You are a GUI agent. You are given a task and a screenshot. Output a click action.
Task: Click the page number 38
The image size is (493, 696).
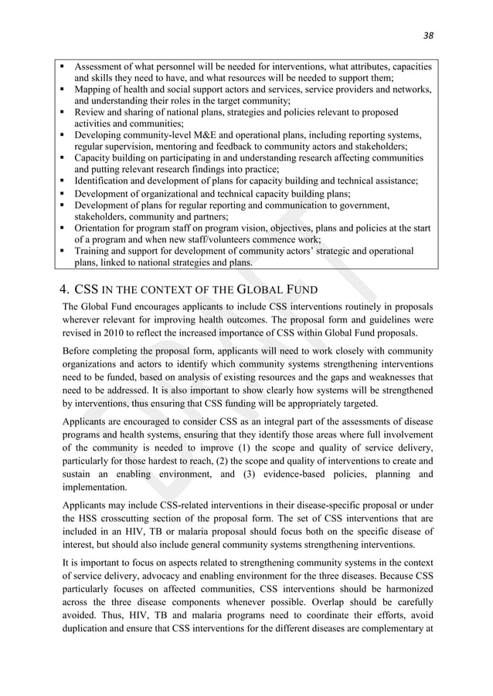(x=430, y=35)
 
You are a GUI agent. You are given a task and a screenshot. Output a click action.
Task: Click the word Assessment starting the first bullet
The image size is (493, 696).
(x=102, y=67)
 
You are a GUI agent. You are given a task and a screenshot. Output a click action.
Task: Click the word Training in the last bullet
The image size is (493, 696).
(x=93, y=251)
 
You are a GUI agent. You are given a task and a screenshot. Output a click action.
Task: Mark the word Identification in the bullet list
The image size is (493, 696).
(x=107, y=181)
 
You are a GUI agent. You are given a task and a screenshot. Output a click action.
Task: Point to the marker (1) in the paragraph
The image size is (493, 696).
(x=271, y=448)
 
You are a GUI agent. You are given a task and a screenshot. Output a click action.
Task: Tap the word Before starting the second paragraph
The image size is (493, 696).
(x=78, y=351)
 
